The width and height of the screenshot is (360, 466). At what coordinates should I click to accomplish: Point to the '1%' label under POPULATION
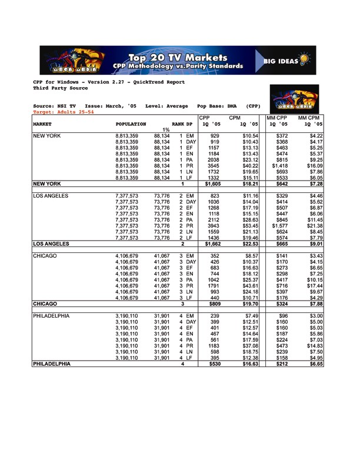[x=166, y=131]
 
